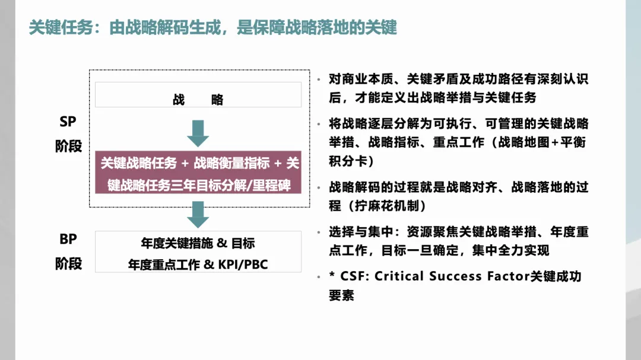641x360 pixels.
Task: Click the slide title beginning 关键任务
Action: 212,28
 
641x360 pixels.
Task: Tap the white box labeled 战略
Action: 198,95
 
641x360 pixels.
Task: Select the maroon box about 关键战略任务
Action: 198,172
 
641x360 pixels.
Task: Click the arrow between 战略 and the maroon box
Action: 198,133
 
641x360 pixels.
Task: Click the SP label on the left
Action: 68,122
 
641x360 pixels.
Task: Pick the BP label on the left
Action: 68,239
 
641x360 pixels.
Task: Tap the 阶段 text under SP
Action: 68,146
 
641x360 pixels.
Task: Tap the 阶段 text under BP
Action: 68,263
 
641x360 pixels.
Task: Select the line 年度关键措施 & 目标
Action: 198,243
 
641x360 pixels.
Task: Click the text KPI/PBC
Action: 243,265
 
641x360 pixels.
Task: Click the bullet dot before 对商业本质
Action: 320,80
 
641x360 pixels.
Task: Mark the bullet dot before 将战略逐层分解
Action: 320,125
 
